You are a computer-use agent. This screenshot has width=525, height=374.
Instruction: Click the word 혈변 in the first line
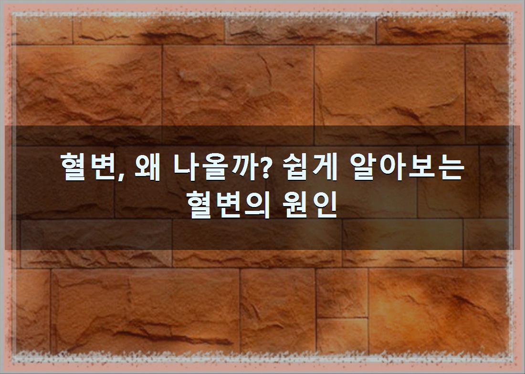point(90,166)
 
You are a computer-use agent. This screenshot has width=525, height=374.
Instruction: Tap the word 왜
point(147,166)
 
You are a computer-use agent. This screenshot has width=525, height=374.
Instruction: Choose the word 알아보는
point(409,166)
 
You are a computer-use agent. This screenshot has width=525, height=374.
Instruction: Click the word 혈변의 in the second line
point(228,204)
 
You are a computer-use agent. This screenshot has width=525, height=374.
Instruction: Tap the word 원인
point(310,204)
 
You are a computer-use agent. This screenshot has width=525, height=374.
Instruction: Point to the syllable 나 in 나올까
point(188,166)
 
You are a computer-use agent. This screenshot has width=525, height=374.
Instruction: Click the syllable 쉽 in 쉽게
point(296,167)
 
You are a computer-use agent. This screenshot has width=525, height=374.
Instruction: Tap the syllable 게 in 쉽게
point(325,166)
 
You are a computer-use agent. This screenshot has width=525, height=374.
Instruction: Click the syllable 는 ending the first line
point(451,167)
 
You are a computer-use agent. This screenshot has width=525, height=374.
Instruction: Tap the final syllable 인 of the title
point(324,204)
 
